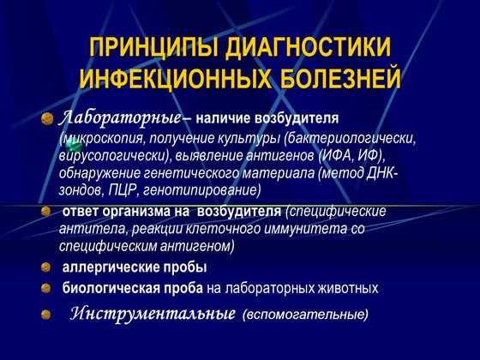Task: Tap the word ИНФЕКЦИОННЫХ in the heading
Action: coord(176,80)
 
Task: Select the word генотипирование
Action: coord(207,189)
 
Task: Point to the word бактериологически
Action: coord(352,137)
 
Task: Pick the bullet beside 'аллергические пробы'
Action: coord(46,267)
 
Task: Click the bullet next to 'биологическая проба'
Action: coord(46,288)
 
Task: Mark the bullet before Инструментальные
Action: coord(46,315)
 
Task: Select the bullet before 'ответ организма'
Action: coord(46,211)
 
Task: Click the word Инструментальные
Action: coord(153,314)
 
